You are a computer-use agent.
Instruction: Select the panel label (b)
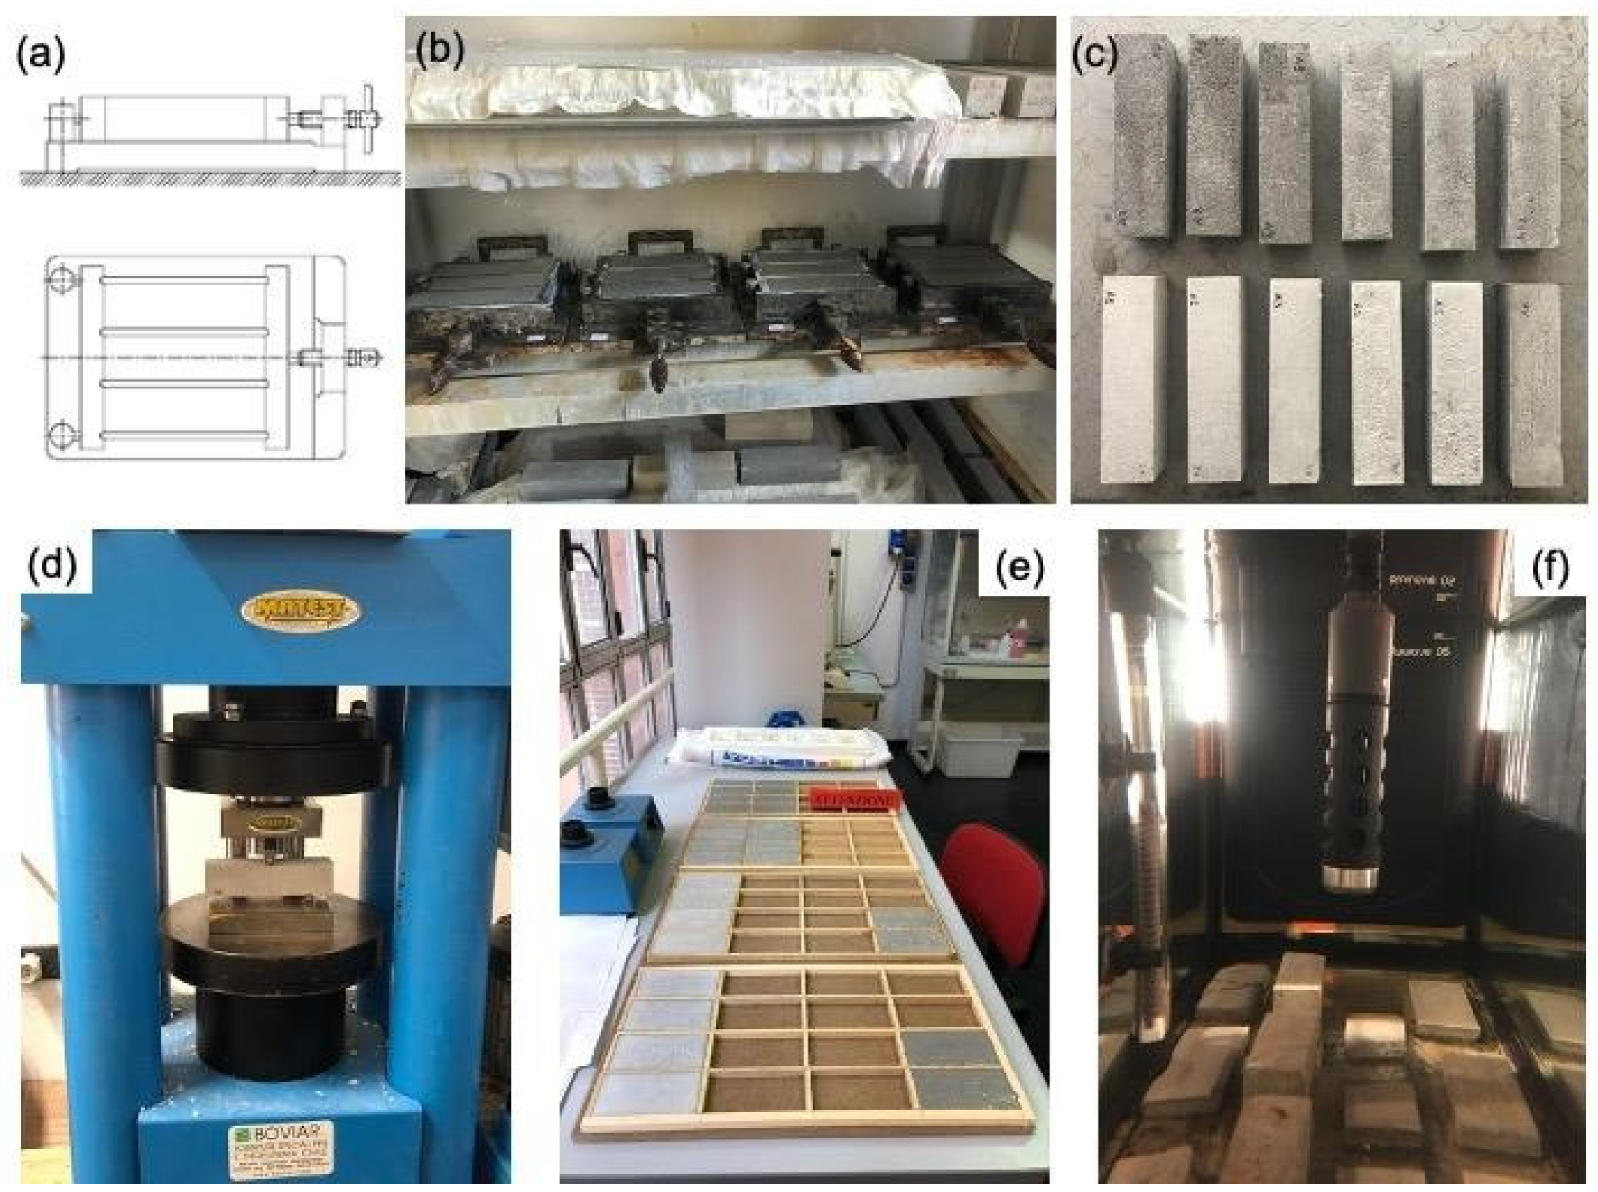click(x=439, y=50)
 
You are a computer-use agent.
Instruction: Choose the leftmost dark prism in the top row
click(x=1142, y=140)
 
